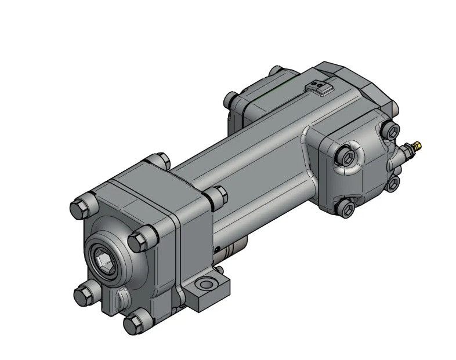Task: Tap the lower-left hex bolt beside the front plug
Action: coord(85,292)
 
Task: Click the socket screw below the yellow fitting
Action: coord(392,183)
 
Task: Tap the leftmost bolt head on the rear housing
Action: coord(231,99)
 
